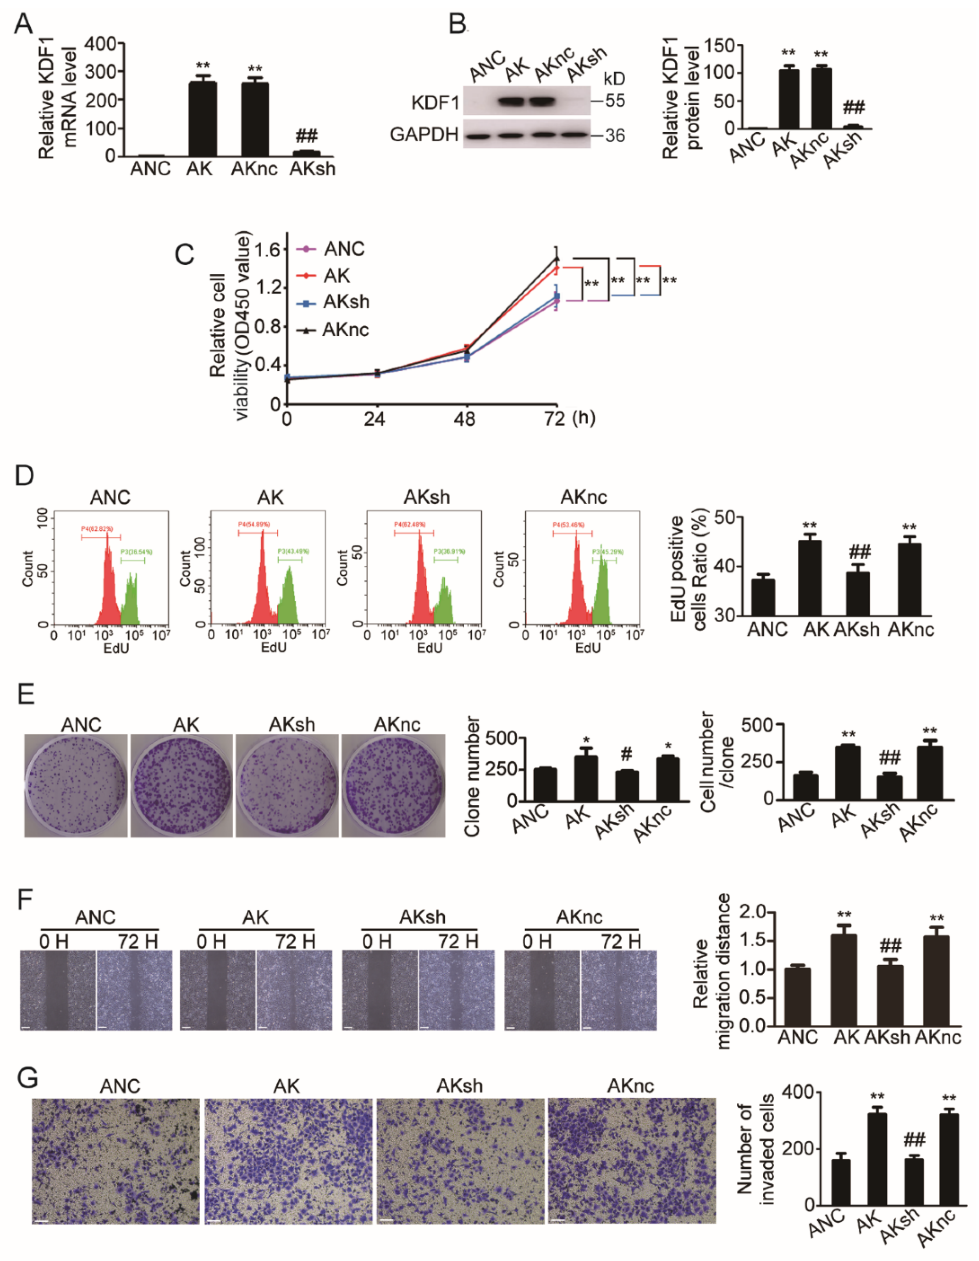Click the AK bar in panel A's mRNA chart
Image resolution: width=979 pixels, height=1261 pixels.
click(203, 118)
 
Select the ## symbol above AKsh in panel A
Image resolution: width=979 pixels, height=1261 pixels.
click(306, 136)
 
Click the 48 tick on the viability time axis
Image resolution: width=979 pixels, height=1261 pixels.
click(465, 419)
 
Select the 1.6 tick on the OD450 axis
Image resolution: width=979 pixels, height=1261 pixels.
click(267, 249)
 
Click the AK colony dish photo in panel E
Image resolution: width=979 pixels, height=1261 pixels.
click(182, 785)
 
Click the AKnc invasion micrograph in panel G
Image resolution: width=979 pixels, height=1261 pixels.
click(631, 1161)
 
